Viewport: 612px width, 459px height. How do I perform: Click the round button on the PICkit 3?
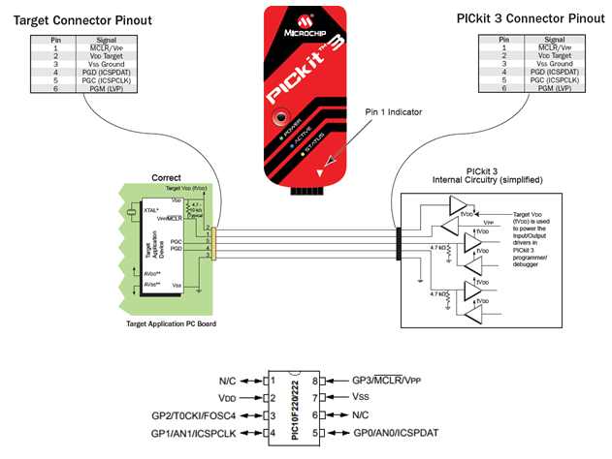(282, 120)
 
